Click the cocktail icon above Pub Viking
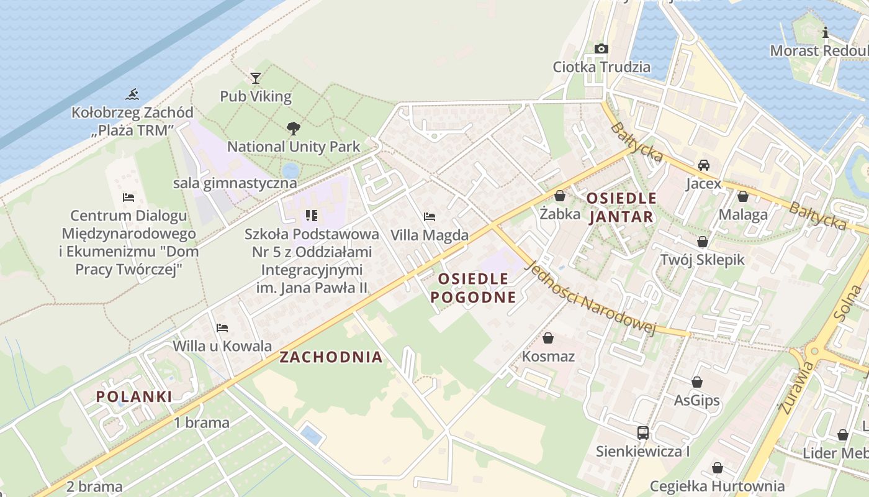click(255, 78)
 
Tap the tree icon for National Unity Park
click(293, 129)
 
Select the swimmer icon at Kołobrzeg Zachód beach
click(132, 94)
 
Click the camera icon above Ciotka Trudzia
click(601, 48)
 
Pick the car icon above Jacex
click(703, 165)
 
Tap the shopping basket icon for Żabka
click(560, 196)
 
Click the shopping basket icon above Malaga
click(742, 196)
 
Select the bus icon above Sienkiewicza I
click(642, 432)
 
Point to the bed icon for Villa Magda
click(429, 217)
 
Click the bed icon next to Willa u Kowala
click(222, 327)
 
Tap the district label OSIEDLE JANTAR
click(621, 207)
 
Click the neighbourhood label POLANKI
click(134, 396)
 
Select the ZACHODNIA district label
click(331, 357)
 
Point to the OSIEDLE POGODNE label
click(473, 288)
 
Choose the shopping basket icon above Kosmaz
click(547, 338)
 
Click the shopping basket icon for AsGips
click(696, 382)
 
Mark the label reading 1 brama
click(202, 422)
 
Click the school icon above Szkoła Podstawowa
click(311, 216)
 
